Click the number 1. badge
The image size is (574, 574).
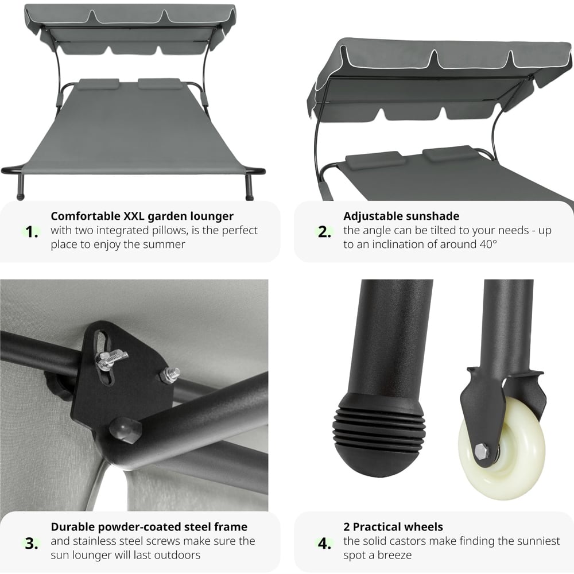(32, 232)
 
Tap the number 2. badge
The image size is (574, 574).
(324, 232)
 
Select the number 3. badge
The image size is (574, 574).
(32, 543)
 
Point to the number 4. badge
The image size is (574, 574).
(324, 543)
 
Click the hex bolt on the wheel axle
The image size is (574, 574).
(482, 451)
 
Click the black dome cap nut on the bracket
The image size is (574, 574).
(125, 430)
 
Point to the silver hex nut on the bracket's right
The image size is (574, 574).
(170, 375)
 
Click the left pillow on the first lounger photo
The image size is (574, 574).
(98, 84)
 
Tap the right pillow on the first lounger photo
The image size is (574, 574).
(160, 84)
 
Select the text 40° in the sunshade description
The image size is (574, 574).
(488, 244)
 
